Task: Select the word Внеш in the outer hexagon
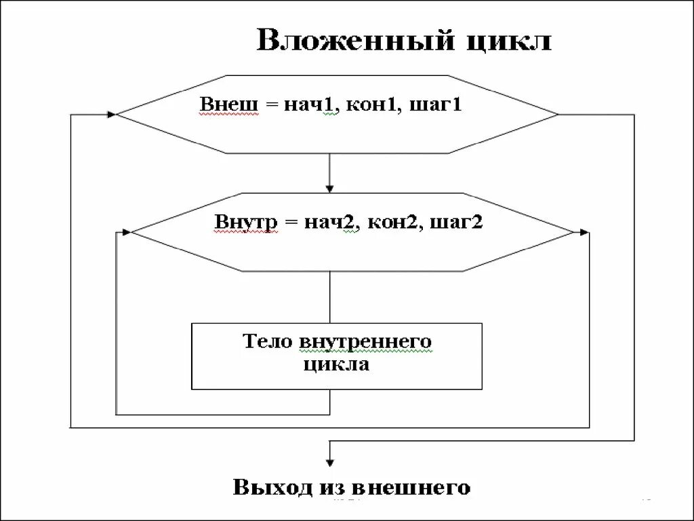click(229, 105)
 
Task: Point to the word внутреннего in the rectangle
click(365, 342)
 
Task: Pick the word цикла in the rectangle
click(336, 364)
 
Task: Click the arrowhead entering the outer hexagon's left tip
click(111, 114)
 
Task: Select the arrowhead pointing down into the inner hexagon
click(329, 188)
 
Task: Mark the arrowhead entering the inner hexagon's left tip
click(126, 232)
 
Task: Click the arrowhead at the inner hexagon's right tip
click(584, 232)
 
